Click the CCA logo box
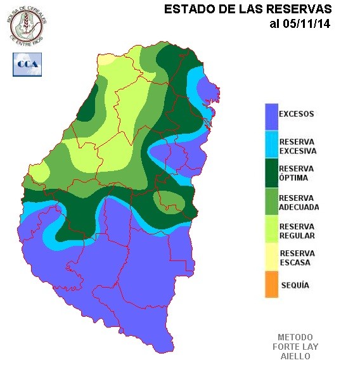27,65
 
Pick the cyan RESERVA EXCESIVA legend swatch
271,145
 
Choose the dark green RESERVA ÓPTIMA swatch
271,173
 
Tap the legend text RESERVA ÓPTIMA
297,173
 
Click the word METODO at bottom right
295,337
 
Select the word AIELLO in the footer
295,356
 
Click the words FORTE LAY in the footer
295,347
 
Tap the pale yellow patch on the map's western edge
38,173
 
